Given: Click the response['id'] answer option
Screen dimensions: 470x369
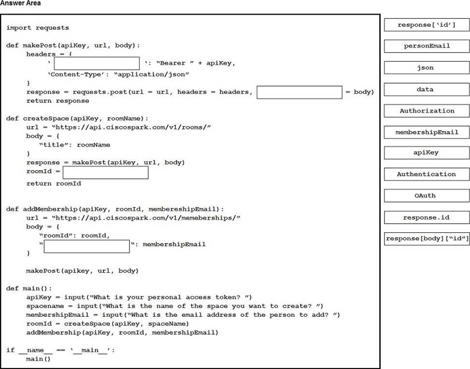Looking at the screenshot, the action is point(427,25).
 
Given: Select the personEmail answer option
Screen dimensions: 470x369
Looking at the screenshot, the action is point(427,46).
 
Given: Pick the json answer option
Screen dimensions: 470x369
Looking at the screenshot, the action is point(427,68).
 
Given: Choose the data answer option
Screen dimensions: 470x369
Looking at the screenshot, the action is point(427,89).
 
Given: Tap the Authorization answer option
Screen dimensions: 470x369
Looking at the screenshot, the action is point(427,111).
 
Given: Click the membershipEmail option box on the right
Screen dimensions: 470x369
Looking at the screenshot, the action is point(427,132).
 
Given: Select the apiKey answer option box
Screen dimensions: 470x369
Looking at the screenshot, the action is point(427,153).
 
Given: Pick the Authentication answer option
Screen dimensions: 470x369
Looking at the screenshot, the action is point(427,174).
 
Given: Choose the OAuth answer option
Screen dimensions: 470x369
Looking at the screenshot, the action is point(427,196).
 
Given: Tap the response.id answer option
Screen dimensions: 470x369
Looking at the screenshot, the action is point(427,217).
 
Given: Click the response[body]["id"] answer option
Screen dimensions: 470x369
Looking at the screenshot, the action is point(427,239).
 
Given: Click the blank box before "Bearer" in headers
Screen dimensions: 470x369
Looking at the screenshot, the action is point(97,63).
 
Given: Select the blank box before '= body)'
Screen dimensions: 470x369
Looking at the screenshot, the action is point(299,92).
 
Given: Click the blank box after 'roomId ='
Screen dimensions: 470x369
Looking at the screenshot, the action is point(105,172).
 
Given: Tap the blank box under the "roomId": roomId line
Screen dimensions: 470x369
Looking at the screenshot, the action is point(86,246).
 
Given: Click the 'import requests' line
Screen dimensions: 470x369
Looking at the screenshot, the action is point(38,28).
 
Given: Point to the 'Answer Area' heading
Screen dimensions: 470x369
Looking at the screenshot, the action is point(20,3).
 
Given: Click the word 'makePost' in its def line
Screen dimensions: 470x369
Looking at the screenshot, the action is point(40,45).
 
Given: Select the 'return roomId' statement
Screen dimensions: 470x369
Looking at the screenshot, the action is point(54,184).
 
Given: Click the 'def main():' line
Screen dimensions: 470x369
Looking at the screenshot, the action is point(29,288).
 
